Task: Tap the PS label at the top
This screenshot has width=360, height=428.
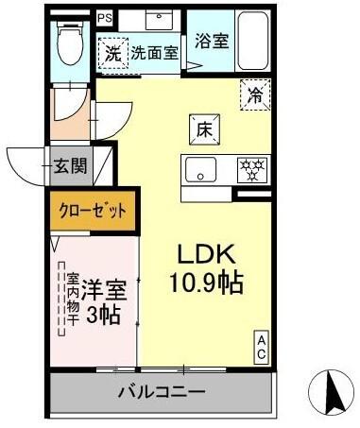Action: [104, 18]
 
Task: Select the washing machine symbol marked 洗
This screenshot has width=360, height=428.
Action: [112, 54]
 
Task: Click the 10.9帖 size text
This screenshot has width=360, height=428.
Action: [206, 282]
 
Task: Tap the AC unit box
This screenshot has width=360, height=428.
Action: [261, 346]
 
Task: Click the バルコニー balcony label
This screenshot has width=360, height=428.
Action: [161, 390]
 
